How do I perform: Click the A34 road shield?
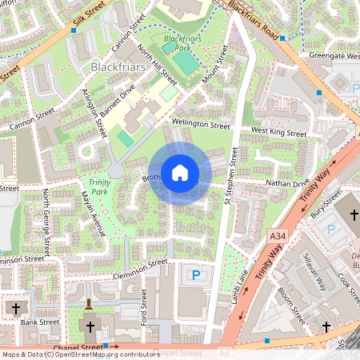pyautogui.click(x=278, y=237)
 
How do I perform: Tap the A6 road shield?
pyautogui.click(x=224, y=353)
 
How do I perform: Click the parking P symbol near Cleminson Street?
pyautogui.click(x=197, y=275)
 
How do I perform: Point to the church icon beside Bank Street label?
pyautogui.click(x=15, y=309)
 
